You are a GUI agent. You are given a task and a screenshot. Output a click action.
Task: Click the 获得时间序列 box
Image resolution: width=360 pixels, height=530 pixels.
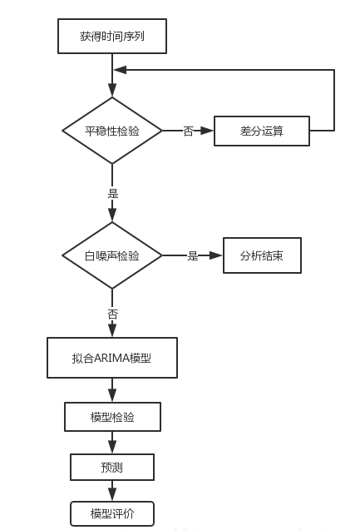tap(112, 37)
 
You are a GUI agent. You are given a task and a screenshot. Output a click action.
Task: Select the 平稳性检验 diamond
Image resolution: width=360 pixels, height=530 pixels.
tap(112, 131)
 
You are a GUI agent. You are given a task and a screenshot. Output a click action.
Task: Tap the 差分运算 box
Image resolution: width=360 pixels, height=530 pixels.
tap(262, 131)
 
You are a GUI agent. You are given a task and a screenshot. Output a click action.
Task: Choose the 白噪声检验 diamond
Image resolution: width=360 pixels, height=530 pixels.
tap(112, 255)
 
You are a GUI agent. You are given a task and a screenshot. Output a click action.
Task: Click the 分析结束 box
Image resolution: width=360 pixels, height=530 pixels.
tap(261, 255)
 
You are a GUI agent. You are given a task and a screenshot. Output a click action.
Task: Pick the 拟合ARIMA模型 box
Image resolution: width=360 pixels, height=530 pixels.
tap(112, 358)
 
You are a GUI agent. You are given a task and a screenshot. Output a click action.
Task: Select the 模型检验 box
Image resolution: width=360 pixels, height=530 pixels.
tap(112, 417)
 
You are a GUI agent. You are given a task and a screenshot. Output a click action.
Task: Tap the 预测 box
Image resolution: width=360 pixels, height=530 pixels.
tap(112, 468)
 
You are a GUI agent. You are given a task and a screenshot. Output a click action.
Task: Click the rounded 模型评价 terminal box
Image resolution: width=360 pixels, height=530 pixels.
tap(112, 514)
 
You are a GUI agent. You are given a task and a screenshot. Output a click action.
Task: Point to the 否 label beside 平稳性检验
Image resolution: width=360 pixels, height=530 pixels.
tap(188, 131)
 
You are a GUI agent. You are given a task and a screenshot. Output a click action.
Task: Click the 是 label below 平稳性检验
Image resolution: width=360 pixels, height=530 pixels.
tap(113, 193)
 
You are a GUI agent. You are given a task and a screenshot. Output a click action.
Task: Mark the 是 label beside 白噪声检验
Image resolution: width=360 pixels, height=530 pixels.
tap(193, 256)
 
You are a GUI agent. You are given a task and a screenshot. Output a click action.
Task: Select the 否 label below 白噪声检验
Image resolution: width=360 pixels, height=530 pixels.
tap(113, 315)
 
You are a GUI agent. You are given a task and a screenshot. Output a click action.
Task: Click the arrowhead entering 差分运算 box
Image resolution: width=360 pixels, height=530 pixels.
tap(209, 131)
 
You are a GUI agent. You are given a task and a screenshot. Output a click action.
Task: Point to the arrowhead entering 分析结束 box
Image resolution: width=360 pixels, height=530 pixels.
tap(217, 255)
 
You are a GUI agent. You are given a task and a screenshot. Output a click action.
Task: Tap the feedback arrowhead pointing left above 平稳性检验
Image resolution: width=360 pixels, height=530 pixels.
tap(120, 70)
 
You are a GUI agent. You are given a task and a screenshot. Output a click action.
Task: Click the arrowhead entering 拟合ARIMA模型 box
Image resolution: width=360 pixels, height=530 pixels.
tap(112, 332)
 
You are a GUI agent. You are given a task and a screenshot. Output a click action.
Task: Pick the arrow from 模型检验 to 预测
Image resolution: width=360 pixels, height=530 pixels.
tap(112, 443)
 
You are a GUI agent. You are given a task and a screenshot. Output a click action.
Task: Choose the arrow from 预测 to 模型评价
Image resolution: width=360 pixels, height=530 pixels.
tap(112, 491)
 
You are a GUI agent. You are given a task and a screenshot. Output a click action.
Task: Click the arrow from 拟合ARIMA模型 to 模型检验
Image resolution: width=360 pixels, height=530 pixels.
tap(112, 391)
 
